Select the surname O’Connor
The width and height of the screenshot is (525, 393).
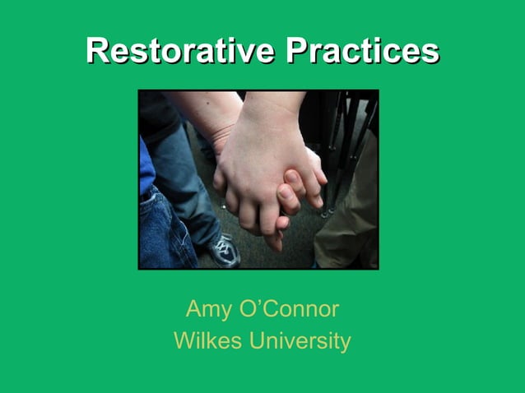point(289,309)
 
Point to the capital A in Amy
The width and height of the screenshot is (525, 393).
point(194,310)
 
